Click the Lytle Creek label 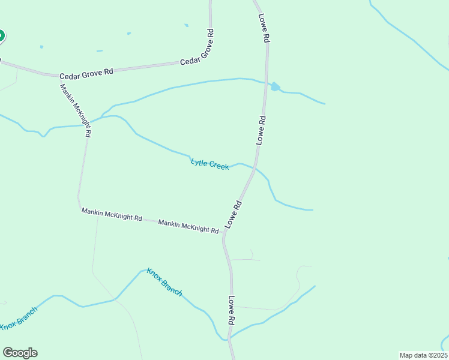coord(209,163)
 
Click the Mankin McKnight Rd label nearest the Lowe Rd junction coord(188,226)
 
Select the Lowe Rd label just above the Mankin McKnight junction coord(234,214)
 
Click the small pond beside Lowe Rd coord(275,86)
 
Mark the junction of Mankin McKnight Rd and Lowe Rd coord(224,232)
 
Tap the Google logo coord(20,352)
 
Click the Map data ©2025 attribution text coord(423,355)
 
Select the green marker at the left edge coord(1,37)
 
